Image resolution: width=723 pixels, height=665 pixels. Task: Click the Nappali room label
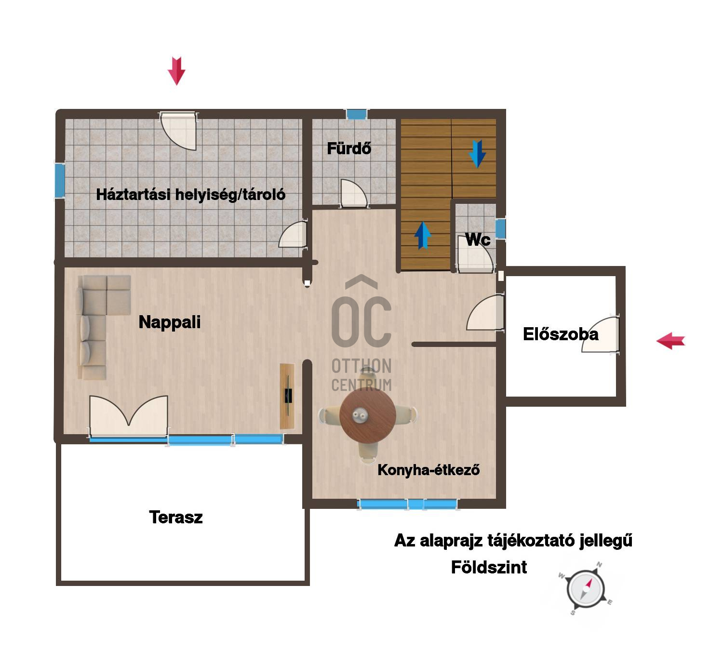[x=169, y=322]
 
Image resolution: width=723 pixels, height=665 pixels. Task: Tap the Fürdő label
[x=349, y=148]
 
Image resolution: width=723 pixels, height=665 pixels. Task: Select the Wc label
[x=478, y=239]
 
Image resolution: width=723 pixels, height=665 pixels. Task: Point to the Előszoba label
[x=561, y=334]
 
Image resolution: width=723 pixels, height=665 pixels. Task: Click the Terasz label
[x=176, y=518]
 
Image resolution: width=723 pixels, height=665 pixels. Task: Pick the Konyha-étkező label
[x=428, y=470]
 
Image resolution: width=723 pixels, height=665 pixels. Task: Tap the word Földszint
[x=489, y=567]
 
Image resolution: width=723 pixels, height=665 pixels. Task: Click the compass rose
[x=585, y=590]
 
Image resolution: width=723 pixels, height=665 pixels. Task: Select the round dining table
[x=368, y=415]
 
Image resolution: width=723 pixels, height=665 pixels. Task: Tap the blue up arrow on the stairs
[x=423, y=235]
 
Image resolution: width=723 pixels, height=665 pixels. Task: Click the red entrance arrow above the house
[x=176, y=71]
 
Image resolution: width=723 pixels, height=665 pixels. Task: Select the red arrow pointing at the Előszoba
[x=670, y=341]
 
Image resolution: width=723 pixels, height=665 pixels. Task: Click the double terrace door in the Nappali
[x=129, y=417]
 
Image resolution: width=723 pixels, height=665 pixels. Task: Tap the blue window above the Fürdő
[x=357, y=114]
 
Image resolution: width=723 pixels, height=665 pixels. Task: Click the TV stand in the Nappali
[x=287, y=396]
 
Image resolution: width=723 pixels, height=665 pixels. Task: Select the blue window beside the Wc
[x=500, y=228]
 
